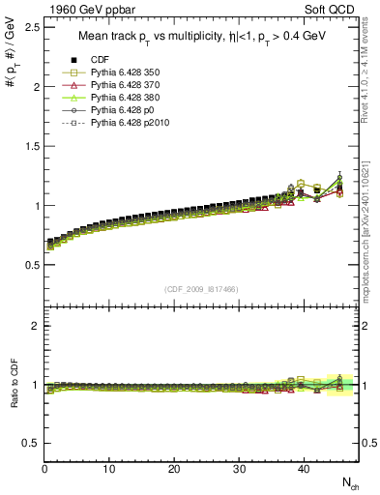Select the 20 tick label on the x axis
(174, 469)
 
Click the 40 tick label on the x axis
(304, 469)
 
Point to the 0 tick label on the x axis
(44, 469)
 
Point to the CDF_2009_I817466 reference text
(204, 289)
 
